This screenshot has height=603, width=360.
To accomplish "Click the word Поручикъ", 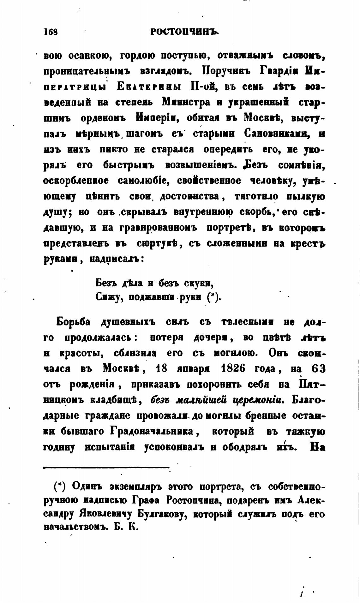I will (225, 70).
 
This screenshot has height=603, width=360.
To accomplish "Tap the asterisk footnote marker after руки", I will (213, 297).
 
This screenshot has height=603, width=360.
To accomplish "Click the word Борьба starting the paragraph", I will (73, 322).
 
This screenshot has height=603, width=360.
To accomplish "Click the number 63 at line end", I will (318, 368).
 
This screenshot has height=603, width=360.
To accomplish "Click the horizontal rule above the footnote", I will (106, 467).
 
